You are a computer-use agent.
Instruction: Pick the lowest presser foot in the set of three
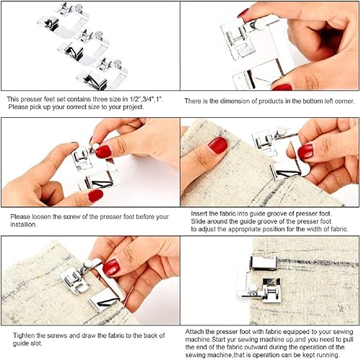104,74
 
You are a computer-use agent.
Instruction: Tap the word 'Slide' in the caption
200,221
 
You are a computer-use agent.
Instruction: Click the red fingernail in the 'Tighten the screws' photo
111,267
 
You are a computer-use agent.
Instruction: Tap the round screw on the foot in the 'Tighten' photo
89,265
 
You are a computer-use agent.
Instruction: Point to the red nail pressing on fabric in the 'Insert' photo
218,145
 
